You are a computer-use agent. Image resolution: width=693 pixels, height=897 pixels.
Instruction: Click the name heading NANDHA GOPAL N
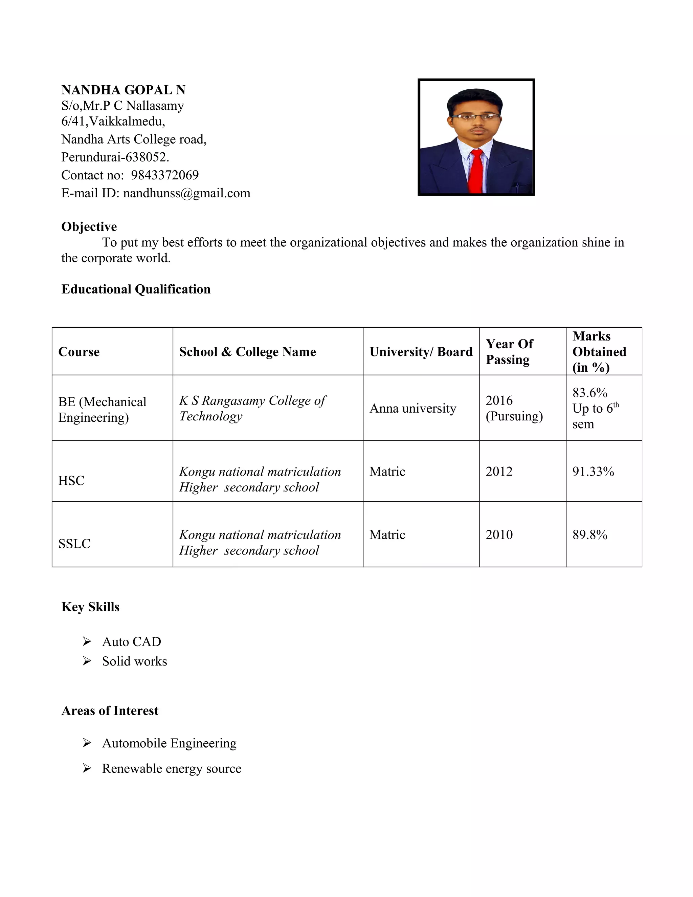[123, 90]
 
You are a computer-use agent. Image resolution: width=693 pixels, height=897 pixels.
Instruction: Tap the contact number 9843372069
[165, 175]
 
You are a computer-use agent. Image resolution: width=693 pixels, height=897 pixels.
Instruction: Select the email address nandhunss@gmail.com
[186, 193]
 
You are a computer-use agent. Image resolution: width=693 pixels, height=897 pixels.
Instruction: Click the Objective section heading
[89, 227]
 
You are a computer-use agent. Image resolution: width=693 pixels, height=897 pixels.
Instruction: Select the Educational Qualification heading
[136, 289]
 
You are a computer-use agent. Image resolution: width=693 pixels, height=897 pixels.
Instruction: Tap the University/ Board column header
[421, 352]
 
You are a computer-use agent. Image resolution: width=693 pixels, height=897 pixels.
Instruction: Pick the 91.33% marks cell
[593, 472]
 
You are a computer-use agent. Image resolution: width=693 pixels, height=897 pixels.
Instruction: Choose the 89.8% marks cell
[589, 535]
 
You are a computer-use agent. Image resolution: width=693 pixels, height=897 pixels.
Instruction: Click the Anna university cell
[412, 408]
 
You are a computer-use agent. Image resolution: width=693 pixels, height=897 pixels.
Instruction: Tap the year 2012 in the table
[499, 472]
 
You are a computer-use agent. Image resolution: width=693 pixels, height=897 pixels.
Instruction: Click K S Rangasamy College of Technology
[252, 408]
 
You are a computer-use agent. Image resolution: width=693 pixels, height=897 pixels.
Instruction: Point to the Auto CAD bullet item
[131, 641]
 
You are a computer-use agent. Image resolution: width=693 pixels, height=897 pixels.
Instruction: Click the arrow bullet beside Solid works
[87, 661]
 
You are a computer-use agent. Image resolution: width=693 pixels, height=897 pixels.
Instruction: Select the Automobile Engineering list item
[169, 743]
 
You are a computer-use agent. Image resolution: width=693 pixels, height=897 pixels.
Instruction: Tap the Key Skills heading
[90, 607]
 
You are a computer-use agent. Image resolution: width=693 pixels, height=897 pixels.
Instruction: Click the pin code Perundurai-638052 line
[115, 157]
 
